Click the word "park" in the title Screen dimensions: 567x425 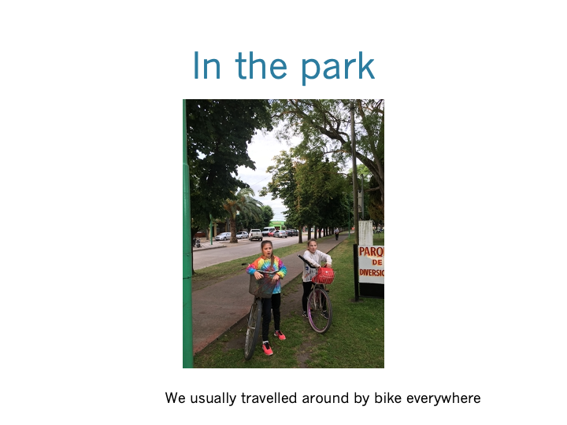click(x=338, y=67)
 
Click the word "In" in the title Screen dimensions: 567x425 click(x=207, y=65)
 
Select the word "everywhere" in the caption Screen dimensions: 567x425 click(x=443, y=399)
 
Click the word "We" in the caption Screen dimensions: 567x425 click(x=176, y=398)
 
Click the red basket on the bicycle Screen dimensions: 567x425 click(x=324, y=275)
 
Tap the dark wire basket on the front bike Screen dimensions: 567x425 click(x=262, y=286)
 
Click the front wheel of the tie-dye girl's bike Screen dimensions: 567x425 click(x=253, y=330)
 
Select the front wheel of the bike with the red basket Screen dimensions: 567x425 click(x=319, y=310)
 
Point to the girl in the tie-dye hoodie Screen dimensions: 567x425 click(x=269, y=297)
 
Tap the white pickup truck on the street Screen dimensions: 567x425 click(x=256, y=235)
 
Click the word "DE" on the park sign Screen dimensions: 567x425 click(x=376, y=262)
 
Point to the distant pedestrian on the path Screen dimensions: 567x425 click(x=337, y=234)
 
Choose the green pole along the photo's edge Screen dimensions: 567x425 click(x=187, y=234)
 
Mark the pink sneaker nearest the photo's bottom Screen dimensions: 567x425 click(x=267, y=349)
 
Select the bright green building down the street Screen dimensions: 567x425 click(x=277, y=225)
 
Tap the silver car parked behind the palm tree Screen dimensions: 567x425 click(x=223, y=236)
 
